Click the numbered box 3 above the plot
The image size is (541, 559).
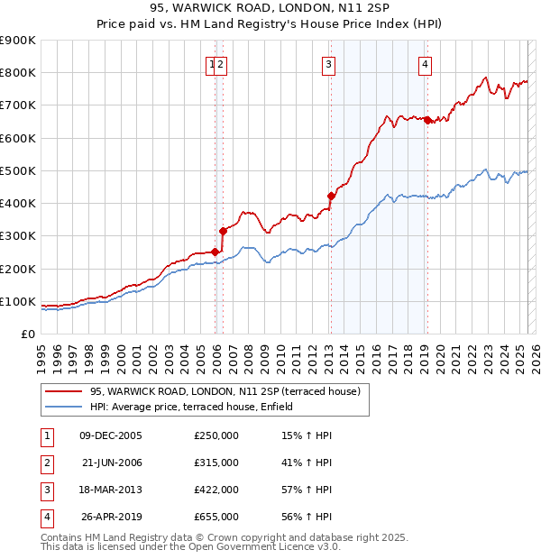point(328,64)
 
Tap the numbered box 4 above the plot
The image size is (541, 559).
point(424,64)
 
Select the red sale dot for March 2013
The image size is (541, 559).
point(331,196)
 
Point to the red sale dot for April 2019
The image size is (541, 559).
point(427,120)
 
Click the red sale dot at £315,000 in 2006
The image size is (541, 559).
point(223,231)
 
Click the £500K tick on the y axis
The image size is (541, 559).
point(18,170)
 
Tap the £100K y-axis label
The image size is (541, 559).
point(18,301)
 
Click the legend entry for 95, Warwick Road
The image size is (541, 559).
point(225,391)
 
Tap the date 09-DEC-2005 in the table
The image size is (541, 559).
point(111,435)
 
